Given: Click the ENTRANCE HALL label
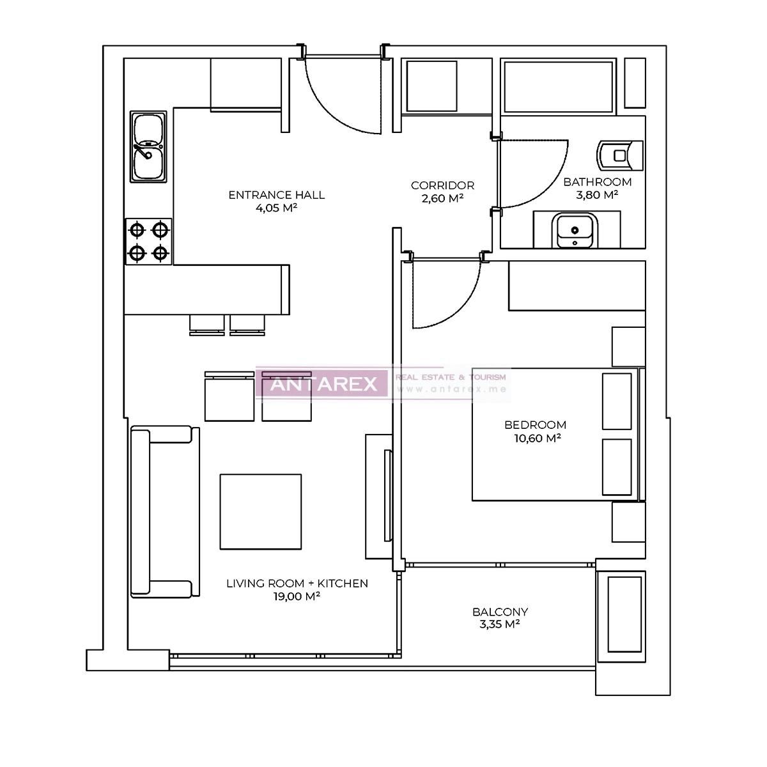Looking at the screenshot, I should click(276, 195).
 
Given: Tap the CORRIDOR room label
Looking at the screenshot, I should click(442, 185).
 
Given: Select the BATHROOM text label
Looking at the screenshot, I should click(597, 182).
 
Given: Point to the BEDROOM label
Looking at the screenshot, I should click(535, 424).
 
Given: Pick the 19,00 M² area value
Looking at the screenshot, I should click(297, 596).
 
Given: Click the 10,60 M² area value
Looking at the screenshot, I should click(536, 438).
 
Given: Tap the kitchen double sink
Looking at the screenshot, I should click(148, 146).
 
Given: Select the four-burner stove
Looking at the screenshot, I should click(148, 241).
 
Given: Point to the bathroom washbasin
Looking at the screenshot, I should click(576, 231).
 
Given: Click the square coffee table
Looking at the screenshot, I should click(260, 511).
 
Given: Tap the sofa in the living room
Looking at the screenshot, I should click(160, 511).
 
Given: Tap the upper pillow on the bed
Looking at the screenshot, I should click(617, 401).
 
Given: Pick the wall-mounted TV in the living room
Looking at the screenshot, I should click(387, 496).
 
